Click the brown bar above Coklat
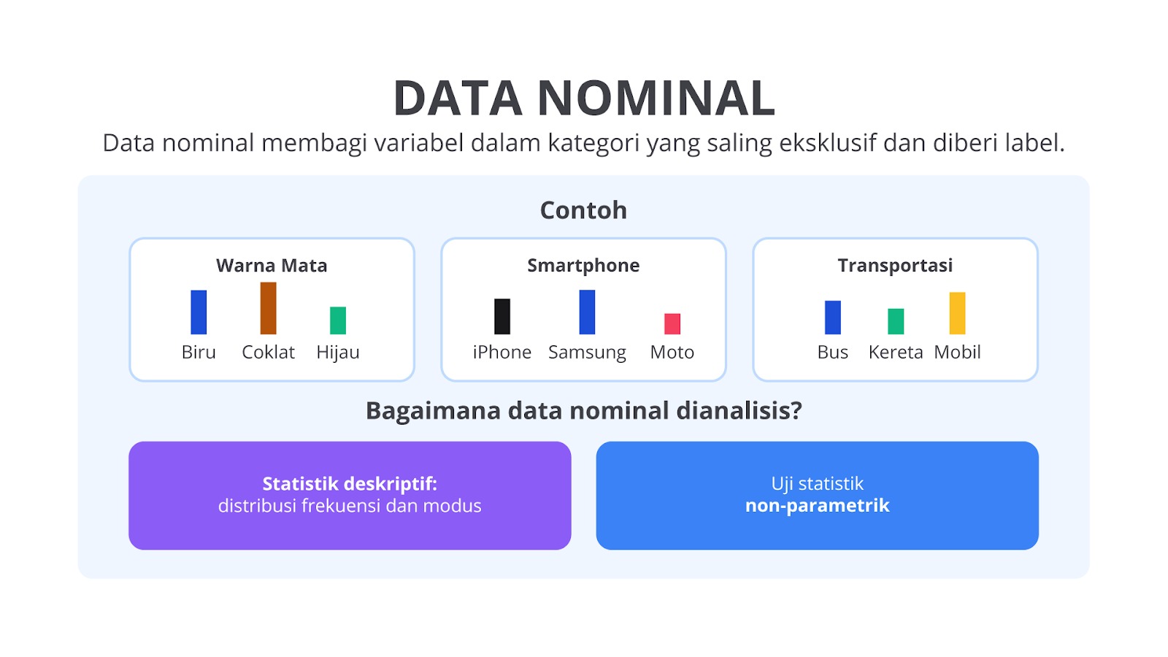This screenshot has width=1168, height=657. (268, 308)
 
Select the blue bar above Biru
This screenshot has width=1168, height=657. (199, 312)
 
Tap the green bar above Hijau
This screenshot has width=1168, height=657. (338, 320)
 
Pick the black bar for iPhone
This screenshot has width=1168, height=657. (502, 316)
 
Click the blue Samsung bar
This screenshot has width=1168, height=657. (587, 312)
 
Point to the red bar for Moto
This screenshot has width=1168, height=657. (672, 324)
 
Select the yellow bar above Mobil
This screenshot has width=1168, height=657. (957, 313)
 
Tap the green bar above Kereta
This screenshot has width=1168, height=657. (896, 321)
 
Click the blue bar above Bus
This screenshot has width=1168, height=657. (833, 317)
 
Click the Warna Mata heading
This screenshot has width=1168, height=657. (272, 266)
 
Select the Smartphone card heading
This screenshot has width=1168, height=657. (583, 266)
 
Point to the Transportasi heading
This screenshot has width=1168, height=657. (895, 266)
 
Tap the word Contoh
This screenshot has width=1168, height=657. (583, 210)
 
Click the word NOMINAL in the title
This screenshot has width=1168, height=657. (656, 98)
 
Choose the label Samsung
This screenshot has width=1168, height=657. (587, 353)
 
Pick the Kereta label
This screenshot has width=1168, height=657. (896, 353)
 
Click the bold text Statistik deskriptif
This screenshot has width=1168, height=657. (350, 485)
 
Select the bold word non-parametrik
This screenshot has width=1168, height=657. (817, 506)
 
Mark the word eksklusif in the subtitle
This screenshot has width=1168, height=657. (828, 143)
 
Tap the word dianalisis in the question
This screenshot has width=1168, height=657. (739, 411)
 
